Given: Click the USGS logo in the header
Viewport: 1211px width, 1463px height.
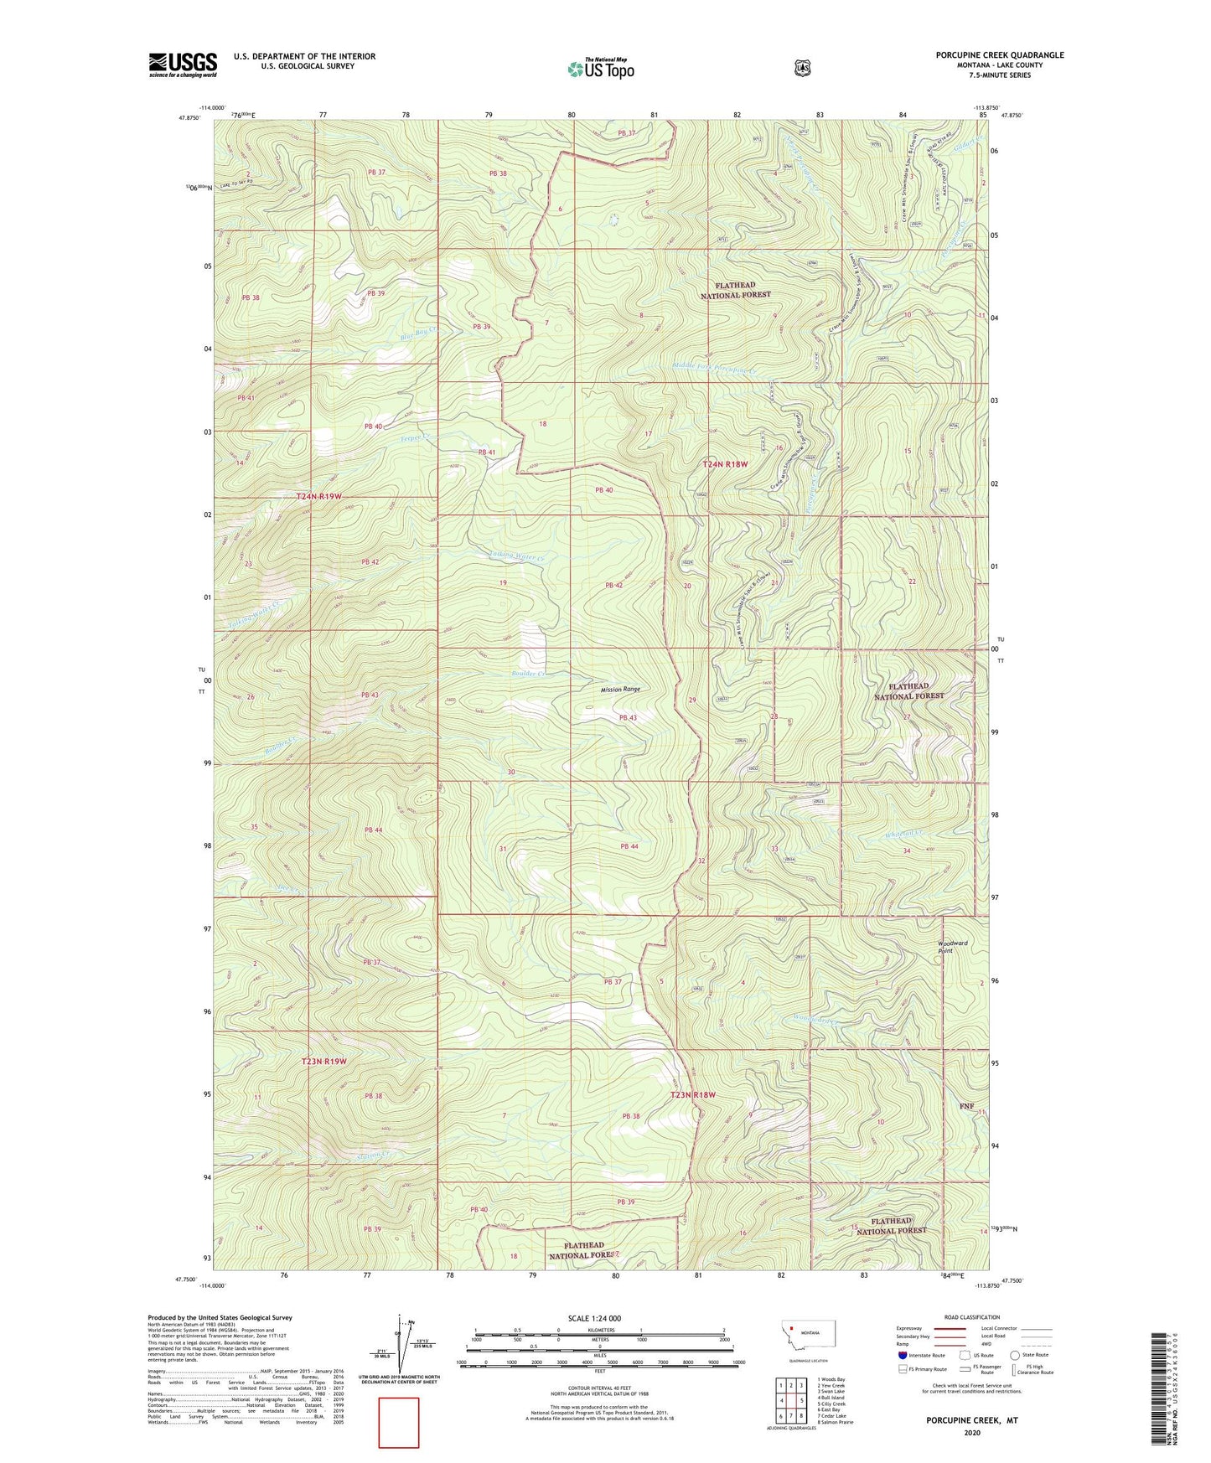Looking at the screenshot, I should [x=183, y=65].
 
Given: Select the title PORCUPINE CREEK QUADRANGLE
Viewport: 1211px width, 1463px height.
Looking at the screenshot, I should [x=1000, y=55].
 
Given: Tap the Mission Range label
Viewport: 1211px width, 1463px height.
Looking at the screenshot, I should [x=620, y=689].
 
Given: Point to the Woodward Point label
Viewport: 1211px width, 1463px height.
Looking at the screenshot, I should [x=952, y=947].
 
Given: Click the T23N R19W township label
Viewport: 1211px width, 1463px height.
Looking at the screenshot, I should [x=323, y=1062].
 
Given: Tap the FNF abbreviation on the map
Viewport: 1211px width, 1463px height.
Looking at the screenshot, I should [x=966, y=1106].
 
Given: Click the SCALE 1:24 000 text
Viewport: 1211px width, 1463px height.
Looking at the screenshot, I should [x=594, y=1318].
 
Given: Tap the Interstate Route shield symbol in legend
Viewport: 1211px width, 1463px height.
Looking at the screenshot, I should [x=902, y=1355].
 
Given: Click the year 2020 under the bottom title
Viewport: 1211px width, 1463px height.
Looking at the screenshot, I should [x=971, y=1432].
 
